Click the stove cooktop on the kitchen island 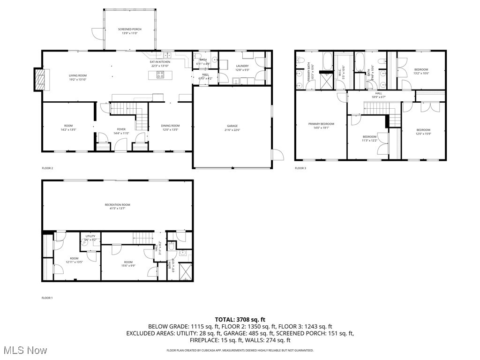pyautogui.click(x=160, y=74)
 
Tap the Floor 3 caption pyautogui.click(x=300, y=168)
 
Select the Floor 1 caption pyautogui.click(x=47, y=298)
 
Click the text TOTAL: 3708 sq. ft pyautogui.click(x=240, y=319)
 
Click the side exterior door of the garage pyautogui.click(x=277, y=155)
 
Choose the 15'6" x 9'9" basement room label pyautogui.click(x=128, y=264)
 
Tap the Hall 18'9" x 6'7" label pyautogui.click(x=378, y=95)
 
